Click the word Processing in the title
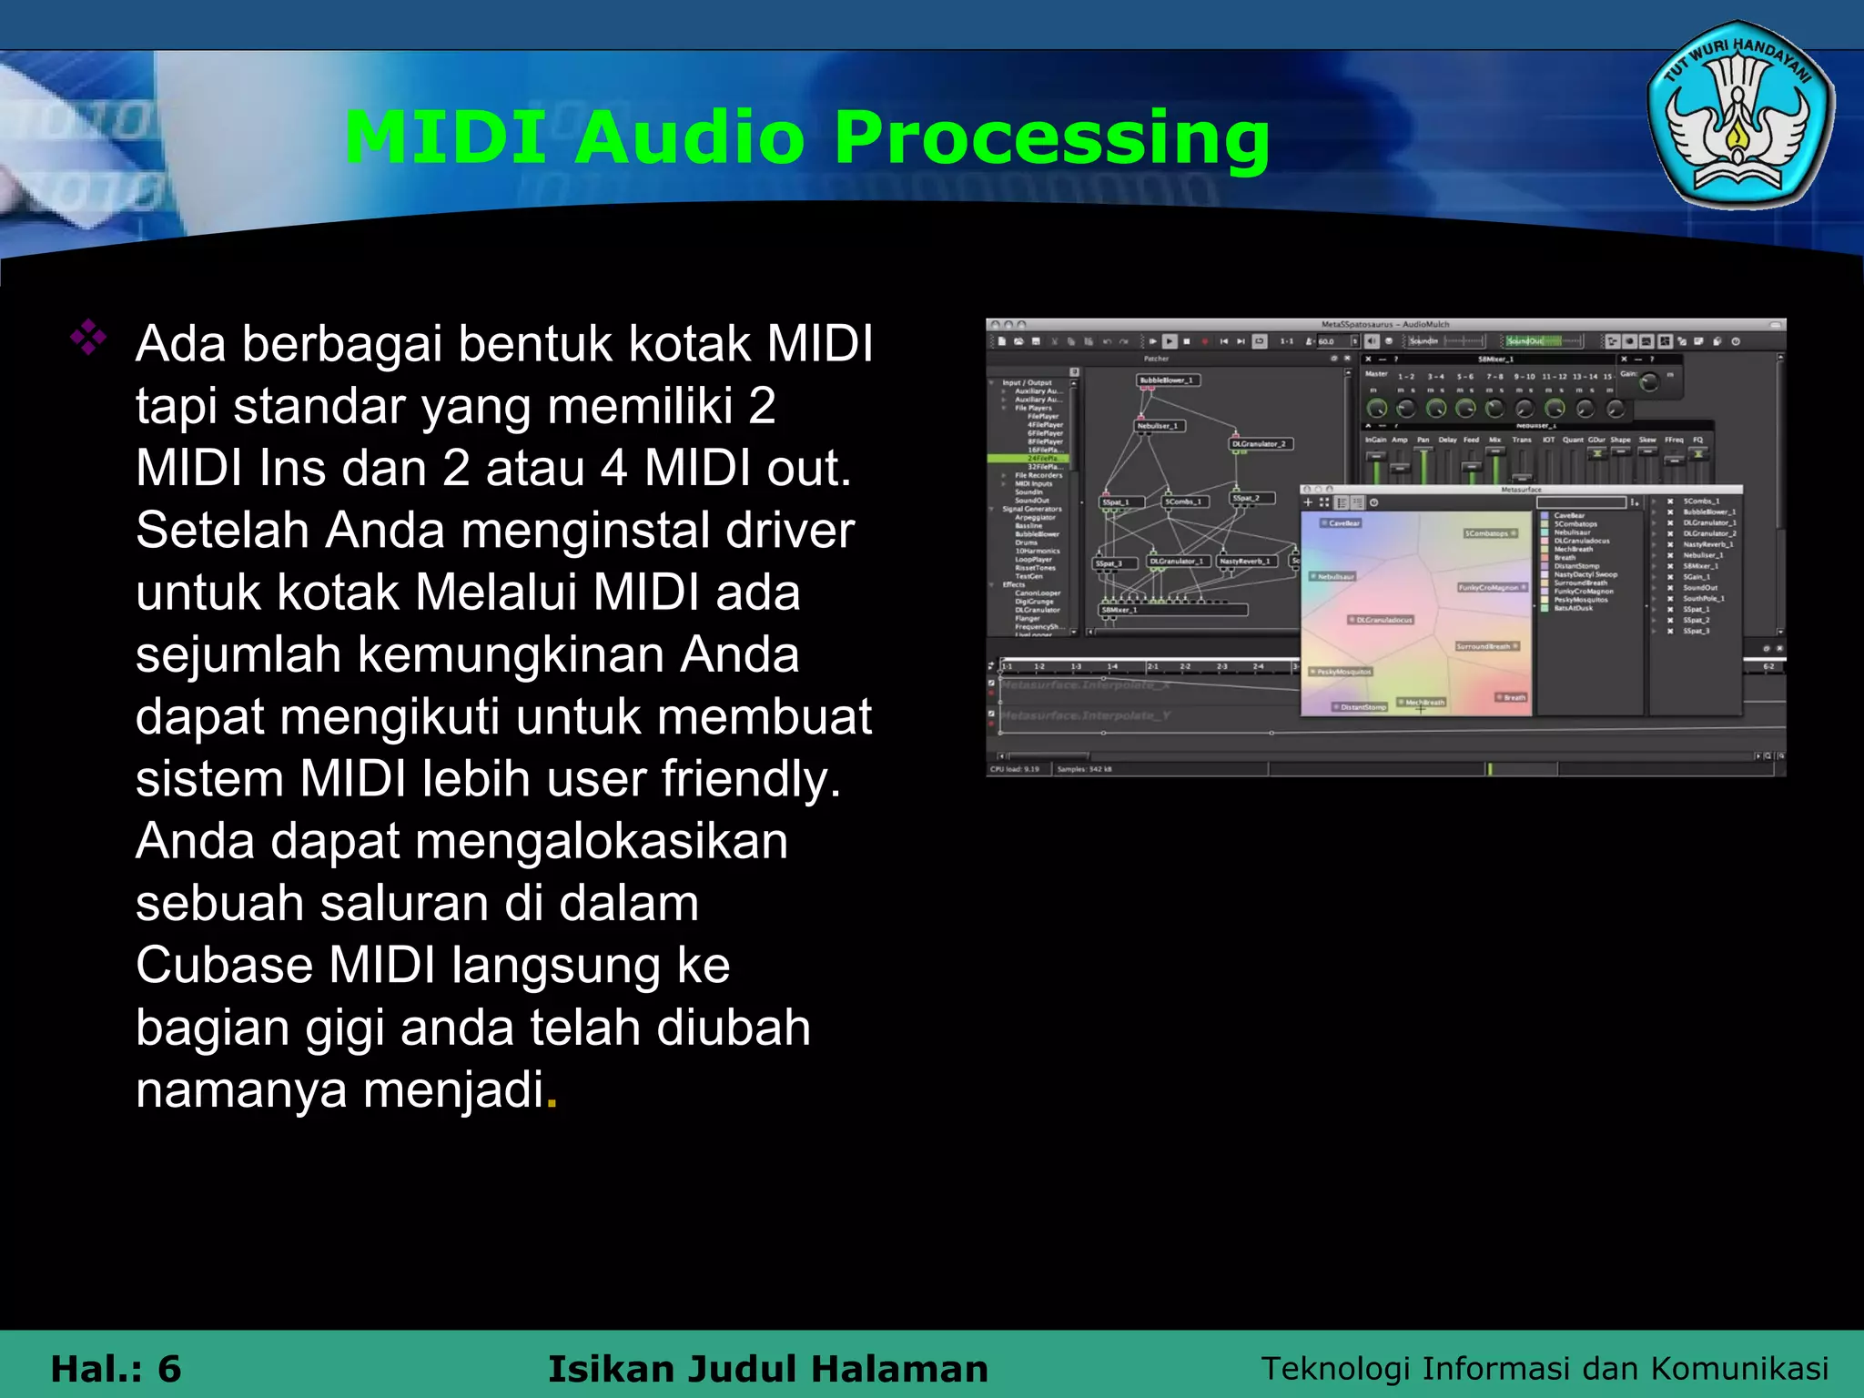pyautogui.click(x=1051, y=138)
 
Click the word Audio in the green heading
pyautogui.click(x=690, y=138)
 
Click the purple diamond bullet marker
pyautogui.click(x=88, y=338)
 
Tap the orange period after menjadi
pyautogui.click(x=552, y=1092)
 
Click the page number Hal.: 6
pyautogui.click(x=116, y=1369)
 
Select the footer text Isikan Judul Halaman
pyautogui.click(x=767, y=1369)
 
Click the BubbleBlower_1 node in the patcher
pyautogui.click(x=1169, y=380)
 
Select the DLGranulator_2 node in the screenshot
pyautogui.click(x=1260, y=443)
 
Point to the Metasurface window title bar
pyautogui.click(x=1520, y=490)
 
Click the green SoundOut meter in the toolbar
pyautogui.click(x=1542, y=341)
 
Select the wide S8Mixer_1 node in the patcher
pyautogui.click(x=1172, y=610)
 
